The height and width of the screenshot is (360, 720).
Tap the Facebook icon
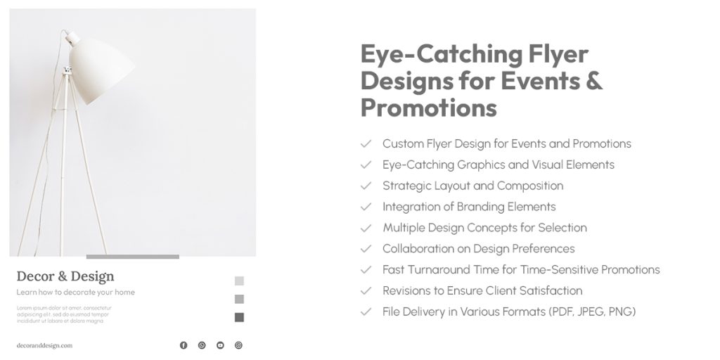click(184, 345)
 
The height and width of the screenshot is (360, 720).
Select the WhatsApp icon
click(202, 345)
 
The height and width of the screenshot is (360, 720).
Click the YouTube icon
click(220, 345)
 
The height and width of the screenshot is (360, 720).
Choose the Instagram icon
click(238, 345)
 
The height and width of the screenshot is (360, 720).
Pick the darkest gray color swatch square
click(239, 317)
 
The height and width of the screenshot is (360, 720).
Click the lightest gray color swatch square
click(239, 281)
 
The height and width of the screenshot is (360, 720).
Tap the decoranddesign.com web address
click(44, 345)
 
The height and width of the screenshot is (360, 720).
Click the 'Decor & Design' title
click(65, 276)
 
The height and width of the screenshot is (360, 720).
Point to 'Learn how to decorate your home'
click(76, 292)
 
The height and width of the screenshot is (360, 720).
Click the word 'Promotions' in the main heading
click(428, 108)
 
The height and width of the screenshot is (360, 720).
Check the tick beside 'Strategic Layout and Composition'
click(366, 186)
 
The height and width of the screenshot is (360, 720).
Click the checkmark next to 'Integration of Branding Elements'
click(366, 207)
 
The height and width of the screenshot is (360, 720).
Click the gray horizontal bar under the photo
click(132, 257)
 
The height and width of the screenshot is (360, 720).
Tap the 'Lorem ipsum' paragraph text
click(63, 314)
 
